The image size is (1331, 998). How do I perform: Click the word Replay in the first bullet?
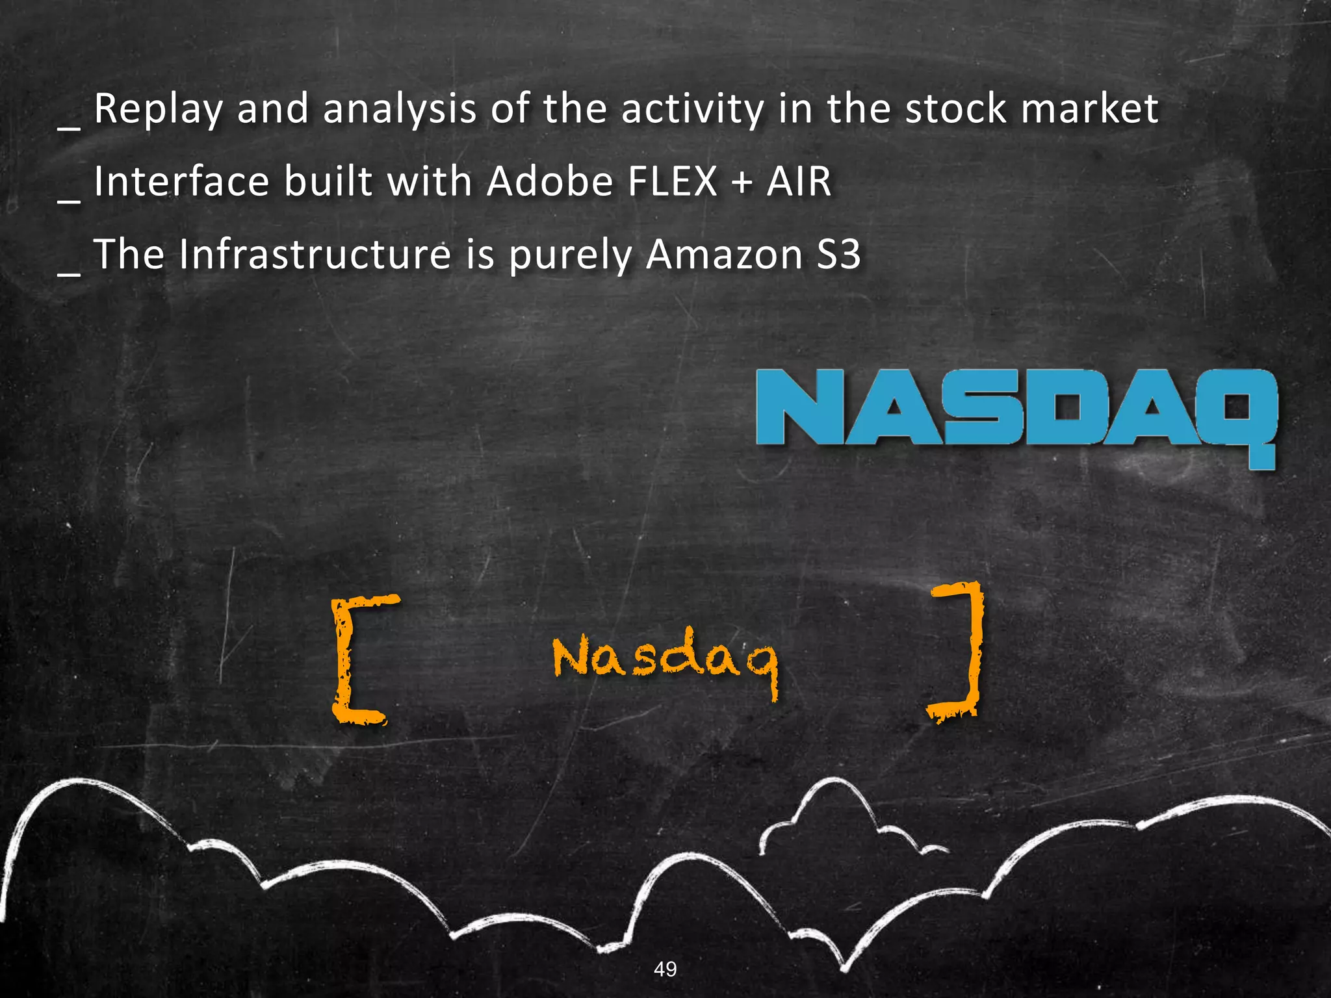pyautogui.click(x=158, y=109)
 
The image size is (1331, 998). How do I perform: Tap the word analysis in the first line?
pyautogui.click(x=400, y=109)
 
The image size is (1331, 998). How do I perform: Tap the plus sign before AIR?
pyautogui.click(x=742, y=183)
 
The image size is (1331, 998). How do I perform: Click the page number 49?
pyautogui.click(x=665, y=969)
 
